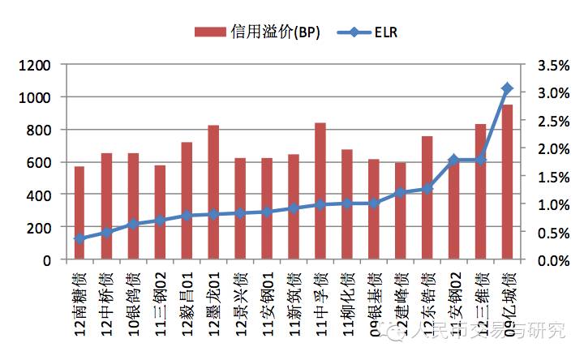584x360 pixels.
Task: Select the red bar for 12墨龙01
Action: click(213, 193)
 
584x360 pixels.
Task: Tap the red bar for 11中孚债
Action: click(320, 191)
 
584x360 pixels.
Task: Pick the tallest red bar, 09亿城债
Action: click(507, 182)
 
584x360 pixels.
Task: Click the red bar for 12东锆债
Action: click(427, 198)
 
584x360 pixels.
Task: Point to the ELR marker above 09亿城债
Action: click(507, 88)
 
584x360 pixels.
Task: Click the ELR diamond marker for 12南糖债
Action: click(79, 239)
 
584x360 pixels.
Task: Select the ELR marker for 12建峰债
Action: click(400, 193)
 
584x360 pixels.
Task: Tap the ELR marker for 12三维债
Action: click(480, 160)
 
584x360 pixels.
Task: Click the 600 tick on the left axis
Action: click(37, 162)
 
